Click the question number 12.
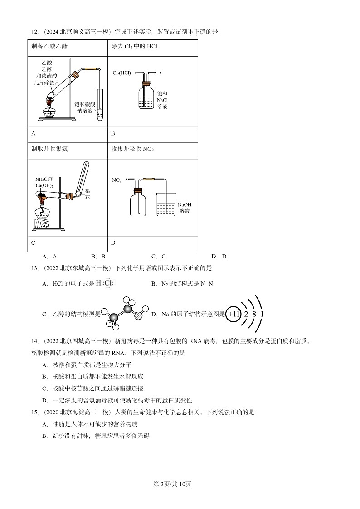pos(34,32)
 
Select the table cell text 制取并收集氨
pos(50,149)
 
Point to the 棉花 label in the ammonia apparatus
pos(88,194)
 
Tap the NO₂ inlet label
pos(117,180)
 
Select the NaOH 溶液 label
pos(185,208)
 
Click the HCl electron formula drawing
pos(104,283)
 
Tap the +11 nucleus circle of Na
pos(234,314)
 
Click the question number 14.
pos(34,341)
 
